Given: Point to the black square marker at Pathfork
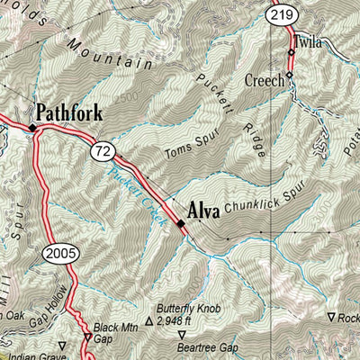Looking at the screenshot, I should coord(32,128).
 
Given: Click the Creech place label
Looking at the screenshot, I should coord(265,80).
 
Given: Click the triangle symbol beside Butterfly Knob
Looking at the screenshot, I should coord(148,319).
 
